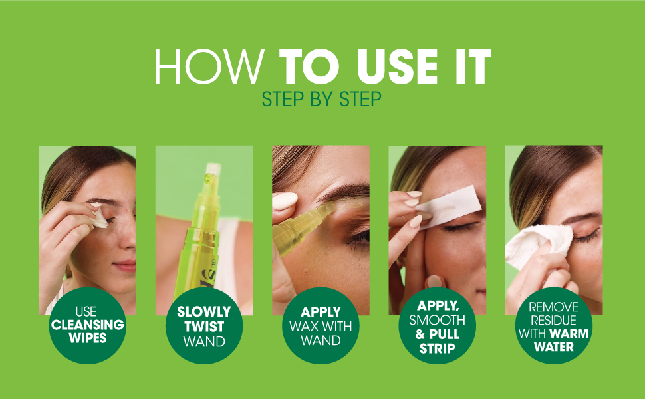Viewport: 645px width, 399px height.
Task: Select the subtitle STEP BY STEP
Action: (x=322, y=99)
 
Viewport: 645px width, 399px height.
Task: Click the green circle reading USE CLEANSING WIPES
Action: (x=87, y=325)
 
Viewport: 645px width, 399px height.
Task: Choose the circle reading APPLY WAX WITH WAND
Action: (x=321, y=325)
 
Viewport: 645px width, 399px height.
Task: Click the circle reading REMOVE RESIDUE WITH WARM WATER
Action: (x=553, y=325)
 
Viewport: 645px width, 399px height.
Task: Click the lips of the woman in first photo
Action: (x=126, y=265)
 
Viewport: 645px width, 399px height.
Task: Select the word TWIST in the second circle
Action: (x=203, y=327)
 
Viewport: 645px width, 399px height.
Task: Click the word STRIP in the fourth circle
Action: (x=437, y=348)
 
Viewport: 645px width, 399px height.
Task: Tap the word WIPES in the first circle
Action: (x=87, y=338)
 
